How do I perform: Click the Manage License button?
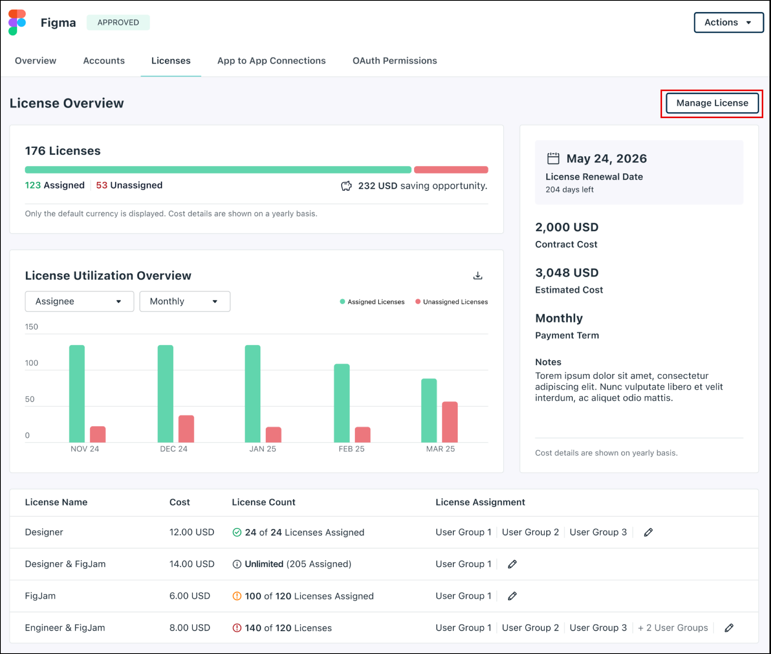712,103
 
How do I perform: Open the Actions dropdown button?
728,22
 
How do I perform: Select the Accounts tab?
104,61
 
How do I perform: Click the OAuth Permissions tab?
394,61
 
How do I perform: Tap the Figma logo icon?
17,22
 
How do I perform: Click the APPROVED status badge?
118,22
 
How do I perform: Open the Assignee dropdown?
79,302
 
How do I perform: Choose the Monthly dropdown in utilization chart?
185,302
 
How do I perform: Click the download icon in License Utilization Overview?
478,276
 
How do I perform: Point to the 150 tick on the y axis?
32,327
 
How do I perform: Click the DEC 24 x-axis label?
173,449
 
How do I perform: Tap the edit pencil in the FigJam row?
512,596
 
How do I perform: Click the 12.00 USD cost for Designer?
192,532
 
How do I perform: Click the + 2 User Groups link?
673,628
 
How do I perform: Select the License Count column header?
263,502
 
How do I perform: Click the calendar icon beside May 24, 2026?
553,159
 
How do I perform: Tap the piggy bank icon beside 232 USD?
346,186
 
